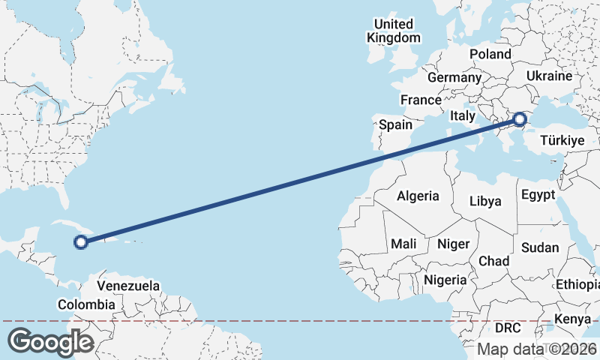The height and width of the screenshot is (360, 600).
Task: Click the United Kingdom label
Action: click(x=394, y=31)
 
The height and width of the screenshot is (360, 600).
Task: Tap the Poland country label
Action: click(x=490, y=54)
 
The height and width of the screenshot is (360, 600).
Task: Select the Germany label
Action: click(x=454, y=77)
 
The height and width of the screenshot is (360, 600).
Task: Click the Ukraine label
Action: click(x=549, y=76)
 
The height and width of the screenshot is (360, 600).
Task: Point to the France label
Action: click(x=421, y=100)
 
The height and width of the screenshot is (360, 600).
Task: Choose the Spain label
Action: click(x=395, y=124)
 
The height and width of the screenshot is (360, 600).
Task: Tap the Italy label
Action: click(x=462, y=115)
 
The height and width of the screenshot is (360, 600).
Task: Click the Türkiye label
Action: click(x=562, y=140)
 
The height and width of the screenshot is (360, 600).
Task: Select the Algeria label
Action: click(x=418, y=196)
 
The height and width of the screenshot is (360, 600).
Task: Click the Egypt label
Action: click(x=537, y=195)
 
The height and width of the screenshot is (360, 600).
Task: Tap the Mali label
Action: click(x=403, y=244)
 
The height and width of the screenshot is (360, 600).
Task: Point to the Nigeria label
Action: click(x=445, y=280)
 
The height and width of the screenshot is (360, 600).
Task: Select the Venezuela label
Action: click(x=130, y=286)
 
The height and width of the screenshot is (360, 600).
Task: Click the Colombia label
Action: click(x=87, y=304)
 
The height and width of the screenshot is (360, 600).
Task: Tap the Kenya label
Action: click(x=572, y=320)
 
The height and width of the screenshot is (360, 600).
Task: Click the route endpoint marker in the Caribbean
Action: click(x=81, y=241)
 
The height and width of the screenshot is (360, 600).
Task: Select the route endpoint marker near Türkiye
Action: click(x=519, y=118)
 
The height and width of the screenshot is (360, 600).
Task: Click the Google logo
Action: click(x=50, y=342)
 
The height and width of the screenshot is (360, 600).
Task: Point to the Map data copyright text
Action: click(x=538, y=349)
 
